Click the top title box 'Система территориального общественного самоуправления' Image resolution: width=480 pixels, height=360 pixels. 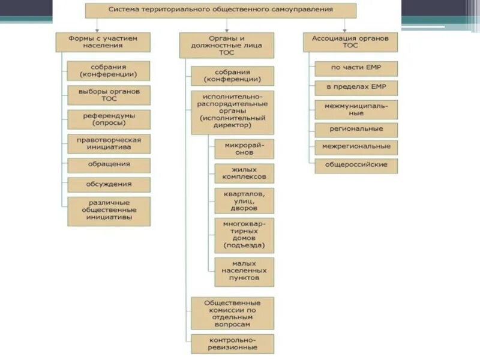pos(220,10)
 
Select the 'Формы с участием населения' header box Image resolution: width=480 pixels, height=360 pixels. pos(103,41)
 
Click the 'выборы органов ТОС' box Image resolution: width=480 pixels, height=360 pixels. pos(109,95)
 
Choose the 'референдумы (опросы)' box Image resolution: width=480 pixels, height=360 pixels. pos(109,119)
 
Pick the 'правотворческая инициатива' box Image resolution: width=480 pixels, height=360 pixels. pos(109,143)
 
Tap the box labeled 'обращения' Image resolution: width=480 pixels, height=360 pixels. pos(109,164)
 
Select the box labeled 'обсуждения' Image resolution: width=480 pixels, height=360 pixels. pos(109,184)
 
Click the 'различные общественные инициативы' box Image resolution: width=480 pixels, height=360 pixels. pos(109,211)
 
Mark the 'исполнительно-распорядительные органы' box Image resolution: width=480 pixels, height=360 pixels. pos(232,112)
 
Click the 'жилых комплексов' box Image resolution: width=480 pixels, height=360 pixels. pos(244,173)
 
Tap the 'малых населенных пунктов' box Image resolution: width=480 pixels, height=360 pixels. pos(244,271)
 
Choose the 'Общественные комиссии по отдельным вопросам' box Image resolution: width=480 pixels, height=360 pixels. pos(232,313)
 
